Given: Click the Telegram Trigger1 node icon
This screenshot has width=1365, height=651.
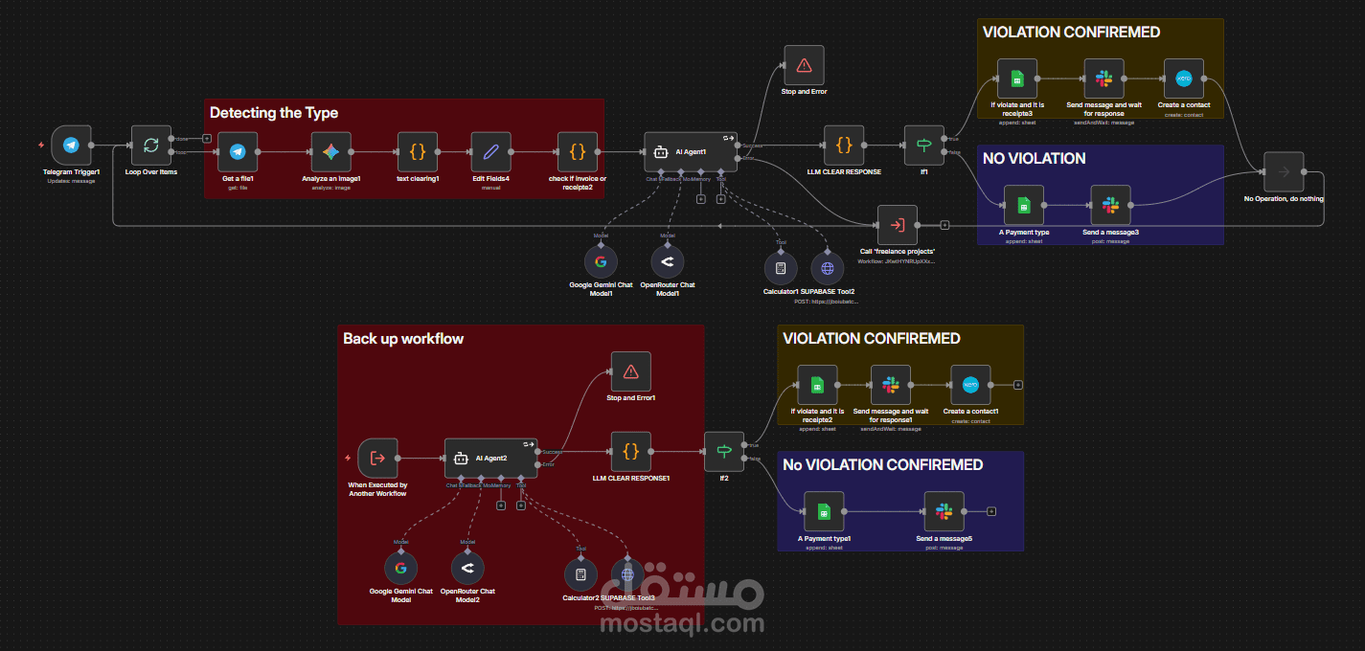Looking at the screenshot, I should [71, 146].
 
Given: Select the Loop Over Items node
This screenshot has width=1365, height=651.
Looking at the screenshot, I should [150, 146].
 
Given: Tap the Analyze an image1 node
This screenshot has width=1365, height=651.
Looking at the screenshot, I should [331, 151].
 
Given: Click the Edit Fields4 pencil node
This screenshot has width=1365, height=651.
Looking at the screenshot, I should [490, 151].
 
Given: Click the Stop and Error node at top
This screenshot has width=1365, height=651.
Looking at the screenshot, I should [804, 65].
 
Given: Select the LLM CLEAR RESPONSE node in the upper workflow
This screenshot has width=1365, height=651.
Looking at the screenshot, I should [844, 146].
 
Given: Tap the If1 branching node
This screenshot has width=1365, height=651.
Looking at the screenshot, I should [923, 146].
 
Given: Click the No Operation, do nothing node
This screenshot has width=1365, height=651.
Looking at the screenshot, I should [1283, 172].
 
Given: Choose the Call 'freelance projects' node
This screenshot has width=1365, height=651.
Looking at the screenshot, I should [897, 225].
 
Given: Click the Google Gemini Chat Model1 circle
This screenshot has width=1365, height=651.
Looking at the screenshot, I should [601, 261].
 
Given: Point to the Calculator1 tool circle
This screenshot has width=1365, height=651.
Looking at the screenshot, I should [781, 268].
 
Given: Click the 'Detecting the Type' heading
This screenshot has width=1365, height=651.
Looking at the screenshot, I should [274, 113].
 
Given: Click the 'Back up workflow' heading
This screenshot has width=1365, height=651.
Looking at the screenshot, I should [403, 339].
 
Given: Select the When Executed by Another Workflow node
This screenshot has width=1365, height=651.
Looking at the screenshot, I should [377, 459].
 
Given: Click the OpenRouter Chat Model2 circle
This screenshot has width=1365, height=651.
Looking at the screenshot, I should [467, 569].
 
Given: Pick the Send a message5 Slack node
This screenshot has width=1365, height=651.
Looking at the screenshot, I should [944, 512].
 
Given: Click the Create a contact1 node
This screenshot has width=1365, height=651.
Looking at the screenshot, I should [970, 385].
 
